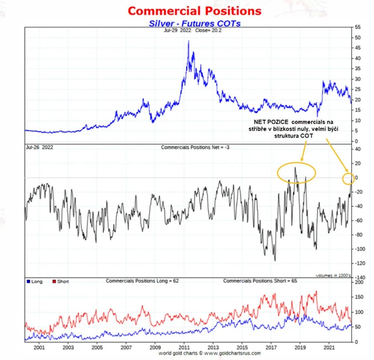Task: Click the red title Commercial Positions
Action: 186,11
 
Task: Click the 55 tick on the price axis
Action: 358,27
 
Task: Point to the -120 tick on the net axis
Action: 359,262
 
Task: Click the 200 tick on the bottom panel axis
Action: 359,282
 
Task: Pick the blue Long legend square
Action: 29,281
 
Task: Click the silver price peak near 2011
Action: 188,42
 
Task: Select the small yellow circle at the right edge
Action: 349,178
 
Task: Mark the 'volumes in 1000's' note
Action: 333,274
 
